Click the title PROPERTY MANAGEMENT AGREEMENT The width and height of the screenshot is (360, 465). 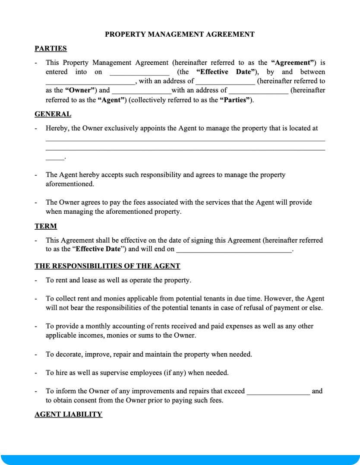tap(180, 34)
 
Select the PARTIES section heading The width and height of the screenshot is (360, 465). tap(51, 48)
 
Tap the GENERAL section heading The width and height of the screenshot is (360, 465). tap(53, 114)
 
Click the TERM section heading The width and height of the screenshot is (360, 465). tap(46, 226)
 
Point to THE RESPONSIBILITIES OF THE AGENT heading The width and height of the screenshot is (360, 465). tap(107, 266)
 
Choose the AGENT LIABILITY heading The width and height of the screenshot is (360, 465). tap(68, 414)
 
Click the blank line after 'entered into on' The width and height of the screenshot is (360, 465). tap(139, 73)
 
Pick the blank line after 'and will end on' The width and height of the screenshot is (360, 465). tap(234, 250)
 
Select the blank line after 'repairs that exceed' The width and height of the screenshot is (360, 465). tap(278, 391)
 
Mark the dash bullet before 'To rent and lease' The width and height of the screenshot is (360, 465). tap(36, 280)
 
